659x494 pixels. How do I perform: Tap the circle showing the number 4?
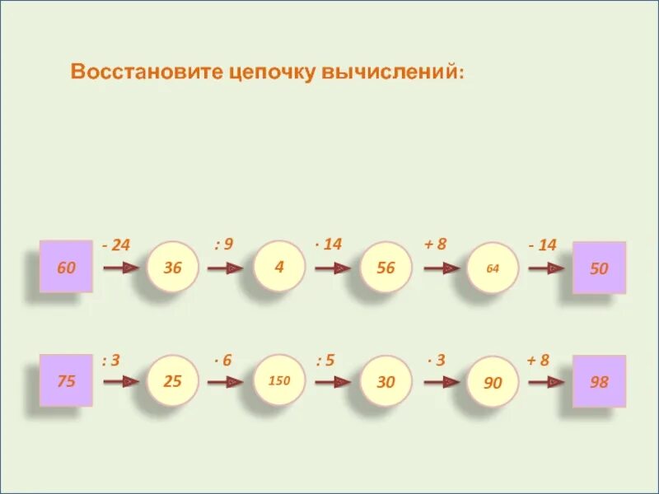click(x=279, y=267)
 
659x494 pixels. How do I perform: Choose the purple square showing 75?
click(x=65, y=381)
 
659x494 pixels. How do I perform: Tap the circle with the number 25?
click(x=173, y=381)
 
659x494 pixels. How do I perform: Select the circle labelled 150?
click(x=279, y=381)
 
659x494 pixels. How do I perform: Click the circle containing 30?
click(x=386, y=381)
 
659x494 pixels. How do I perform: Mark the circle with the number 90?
click(x=492, y=381)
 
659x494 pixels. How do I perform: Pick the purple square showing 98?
click(x=599, y=381)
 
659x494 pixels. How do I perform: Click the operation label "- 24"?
click(x=116, y=245)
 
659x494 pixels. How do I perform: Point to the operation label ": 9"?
click(x=223, y=244)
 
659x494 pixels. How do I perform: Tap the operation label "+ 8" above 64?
click(x=435, y=244)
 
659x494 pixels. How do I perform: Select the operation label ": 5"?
click(x=326, y=360)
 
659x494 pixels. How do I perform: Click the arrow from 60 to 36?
click(x=120, y=268)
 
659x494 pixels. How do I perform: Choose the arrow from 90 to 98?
click(x=546, y=381)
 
